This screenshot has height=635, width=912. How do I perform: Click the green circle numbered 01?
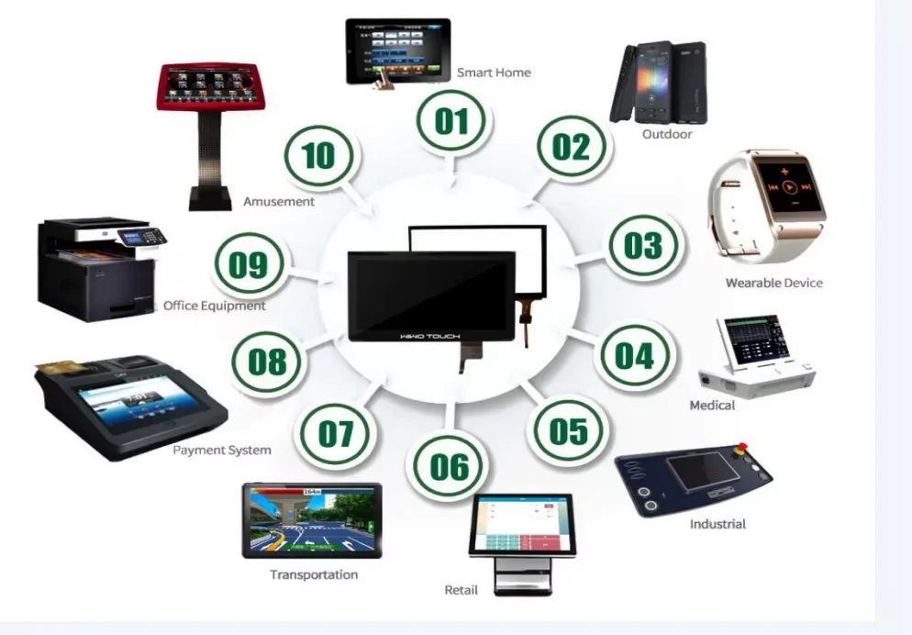pyautogui.click(x=451, y=120)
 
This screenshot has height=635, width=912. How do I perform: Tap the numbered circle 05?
pyautogui.click(x=568, y=429)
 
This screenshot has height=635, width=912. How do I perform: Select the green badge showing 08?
pyautogui.click(x=267, y=362)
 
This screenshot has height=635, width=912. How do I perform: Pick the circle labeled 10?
pyautogui.click(x=317, y=155)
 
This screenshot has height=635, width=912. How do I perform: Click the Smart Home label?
pyautogui.click(x=494, y=72)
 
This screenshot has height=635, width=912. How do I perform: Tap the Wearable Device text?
pyautogui.click(x=773, y=283)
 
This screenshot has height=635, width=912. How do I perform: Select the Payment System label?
pyautogui.click(x=222, y=450)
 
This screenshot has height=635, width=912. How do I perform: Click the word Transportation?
pyautogui.click(x=314, y=574)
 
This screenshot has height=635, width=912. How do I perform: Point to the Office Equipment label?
pyautogui.click(x=215, y=306)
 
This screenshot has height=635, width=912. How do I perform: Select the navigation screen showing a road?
pyautogui.click(x=312, y=519)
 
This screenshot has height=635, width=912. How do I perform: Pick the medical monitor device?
pyautogui.click(x=755, y=352)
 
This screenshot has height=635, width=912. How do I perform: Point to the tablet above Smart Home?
pyautogui.click(x=397, y=51)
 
